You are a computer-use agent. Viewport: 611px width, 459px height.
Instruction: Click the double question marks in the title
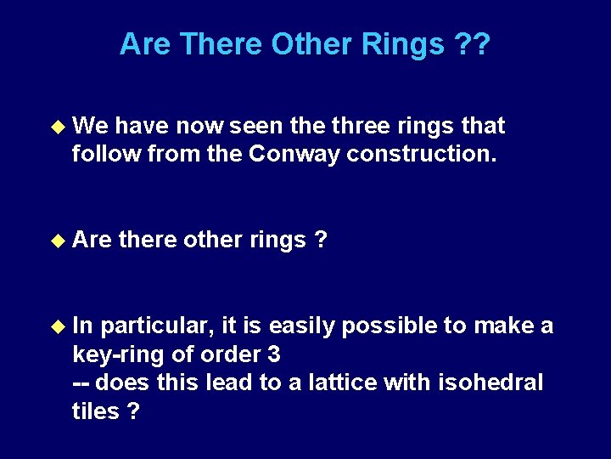472,44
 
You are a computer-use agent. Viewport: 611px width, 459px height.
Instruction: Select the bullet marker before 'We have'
58,126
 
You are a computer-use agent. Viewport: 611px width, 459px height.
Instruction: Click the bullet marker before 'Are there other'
58,241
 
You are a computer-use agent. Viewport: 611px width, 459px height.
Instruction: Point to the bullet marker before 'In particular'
58,326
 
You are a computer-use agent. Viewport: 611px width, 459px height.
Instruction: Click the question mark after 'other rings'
321,241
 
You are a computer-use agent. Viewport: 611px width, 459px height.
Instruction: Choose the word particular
157,326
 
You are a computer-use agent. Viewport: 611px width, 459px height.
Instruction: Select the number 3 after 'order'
274,354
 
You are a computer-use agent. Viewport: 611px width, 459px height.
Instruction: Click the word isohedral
490,382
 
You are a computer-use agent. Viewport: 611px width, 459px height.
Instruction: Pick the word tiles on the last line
96,411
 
